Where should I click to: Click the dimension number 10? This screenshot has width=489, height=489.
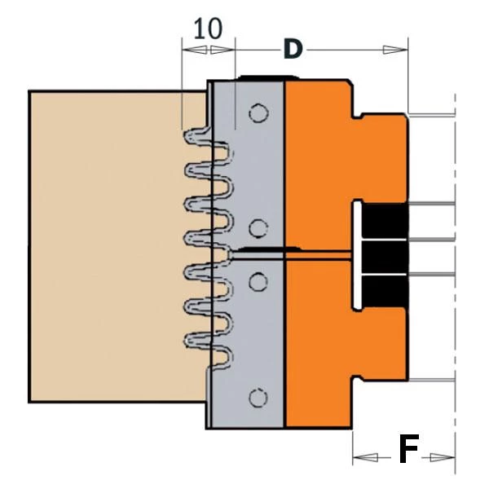208,29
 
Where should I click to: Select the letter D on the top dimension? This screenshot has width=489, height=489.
292,50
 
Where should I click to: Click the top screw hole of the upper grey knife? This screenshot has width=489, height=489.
258,113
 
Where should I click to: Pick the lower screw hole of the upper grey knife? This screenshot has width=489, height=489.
258,227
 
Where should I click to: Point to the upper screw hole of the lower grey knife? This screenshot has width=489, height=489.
258,281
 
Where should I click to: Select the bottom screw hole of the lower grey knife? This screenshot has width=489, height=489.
258,397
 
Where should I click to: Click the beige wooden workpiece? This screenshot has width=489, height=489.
106,244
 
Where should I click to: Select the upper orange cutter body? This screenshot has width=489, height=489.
322,163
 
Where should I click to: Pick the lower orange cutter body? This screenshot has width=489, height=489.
322,342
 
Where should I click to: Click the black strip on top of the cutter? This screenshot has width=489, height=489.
262,78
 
